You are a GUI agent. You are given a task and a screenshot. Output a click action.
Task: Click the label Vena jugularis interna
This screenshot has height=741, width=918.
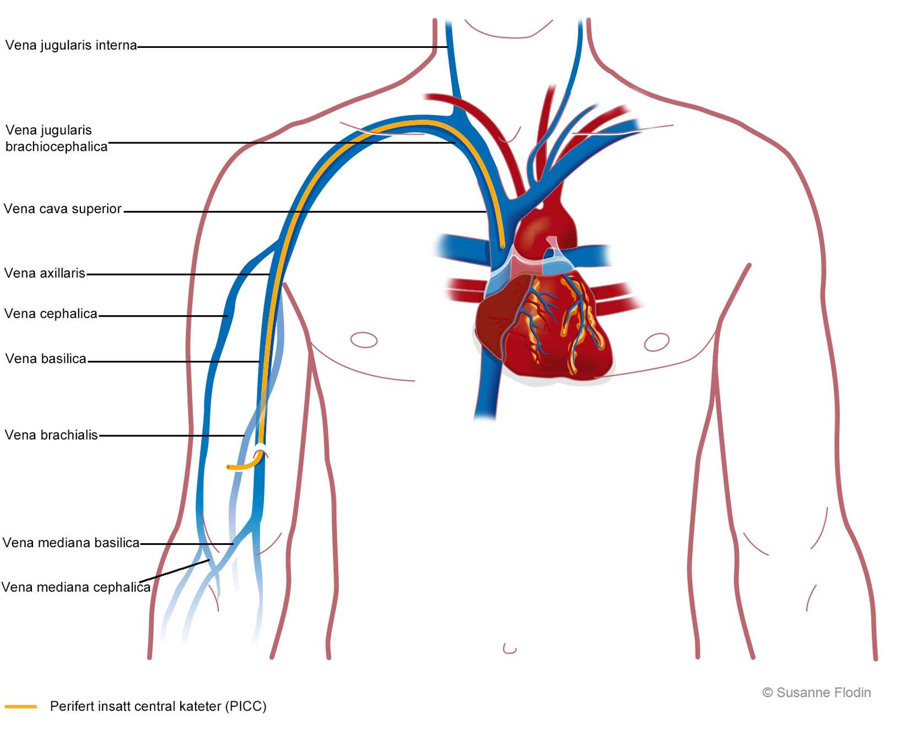point(71,45)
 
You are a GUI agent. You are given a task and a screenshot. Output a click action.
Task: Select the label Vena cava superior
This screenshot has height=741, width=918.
point(62,209)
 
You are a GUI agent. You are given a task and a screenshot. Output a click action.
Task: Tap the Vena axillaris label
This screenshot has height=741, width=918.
point(45,273)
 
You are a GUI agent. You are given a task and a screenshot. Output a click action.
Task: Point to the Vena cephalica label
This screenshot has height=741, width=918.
point(51,314)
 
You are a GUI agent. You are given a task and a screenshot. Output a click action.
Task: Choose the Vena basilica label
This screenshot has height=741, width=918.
point(46,359)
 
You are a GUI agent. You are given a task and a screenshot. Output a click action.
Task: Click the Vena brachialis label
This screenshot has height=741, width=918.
point(51,435)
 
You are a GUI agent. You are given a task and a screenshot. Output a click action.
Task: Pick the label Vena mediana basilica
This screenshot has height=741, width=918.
point(71,543)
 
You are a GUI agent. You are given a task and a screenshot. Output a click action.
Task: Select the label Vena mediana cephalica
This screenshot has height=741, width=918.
point(76,587)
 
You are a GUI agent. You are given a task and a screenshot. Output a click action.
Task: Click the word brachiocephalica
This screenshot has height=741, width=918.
point(56,147)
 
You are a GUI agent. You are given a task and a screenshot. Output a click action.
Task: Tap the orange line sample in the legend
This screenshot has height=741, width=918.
point(20,706)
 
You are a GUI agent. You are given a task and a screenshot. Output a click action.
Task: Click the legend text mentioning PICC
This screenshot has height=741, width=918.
point(158,706)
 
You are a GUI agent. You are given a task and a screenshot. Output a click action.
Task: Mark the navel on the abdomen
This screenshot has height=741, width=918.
point(510,648)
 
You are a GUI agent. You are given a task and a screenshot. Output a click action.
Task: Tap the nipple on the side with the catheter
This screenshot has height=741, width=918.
point(364,340)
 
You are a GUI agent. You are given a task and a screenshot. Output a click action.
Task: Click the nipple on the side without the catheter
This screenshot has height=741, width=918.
point(657,342)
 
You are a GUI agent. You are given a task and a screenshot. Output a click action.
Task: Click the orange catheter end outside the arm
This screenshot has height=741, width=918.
point(229,467)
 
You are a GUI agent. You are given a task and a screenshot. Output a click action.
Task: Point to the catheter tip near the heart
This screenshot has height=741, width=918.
point(503,245)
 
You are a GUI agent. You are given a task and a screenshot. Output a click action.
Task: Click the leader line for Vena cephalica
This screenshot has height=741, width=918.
point(163,316)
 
